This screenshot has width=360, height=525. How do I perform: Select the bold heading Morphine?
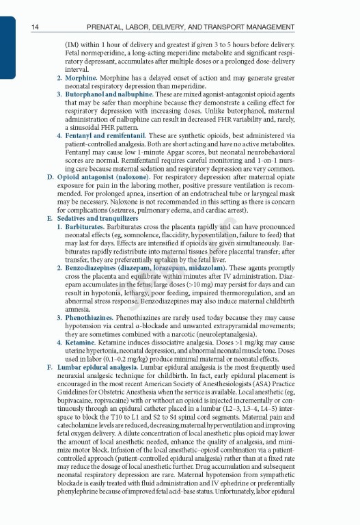point(81,79)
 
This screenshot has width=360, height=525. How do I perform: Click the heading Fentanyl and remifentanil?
point(105,136)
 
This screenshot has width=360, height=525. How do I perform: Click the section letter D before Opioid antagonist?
point(49,178)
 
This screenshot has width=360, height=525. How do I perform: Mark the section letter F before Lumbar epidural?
point(49,367)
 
